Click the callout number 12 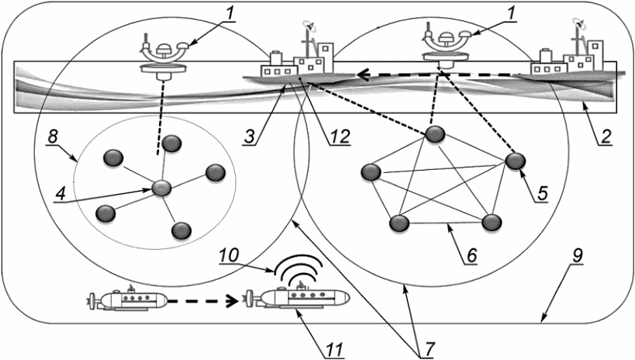point(339,136)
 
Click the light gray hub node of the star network point(161,188)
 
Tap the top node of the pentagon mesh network point(437,134)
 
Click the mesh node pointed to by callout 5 point(516,161)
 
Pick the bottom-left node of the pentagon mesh point(399,223)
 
